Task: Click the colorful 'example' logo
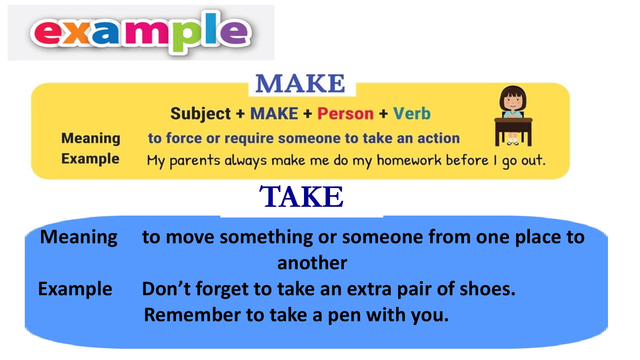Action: click(141, 32)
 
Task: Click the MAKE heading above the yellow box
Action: click(300, 84)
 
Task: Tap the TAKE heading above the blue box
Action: click(301, 196)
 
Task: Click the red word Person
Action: click(346, 114)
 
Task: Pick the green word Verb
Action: click(412, 114)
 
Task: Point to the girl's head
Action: click(513, 98)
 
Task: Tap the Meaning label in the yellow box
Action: click(90, 138)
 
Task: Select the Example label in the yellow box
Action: click(90, 159)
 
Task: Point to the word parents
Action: click(194, 161)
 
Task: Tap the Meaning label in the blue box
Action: click(78, 238)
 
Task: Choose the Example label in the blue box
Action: click(75, 289)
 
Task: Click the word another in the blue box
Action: click(312, 263)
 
